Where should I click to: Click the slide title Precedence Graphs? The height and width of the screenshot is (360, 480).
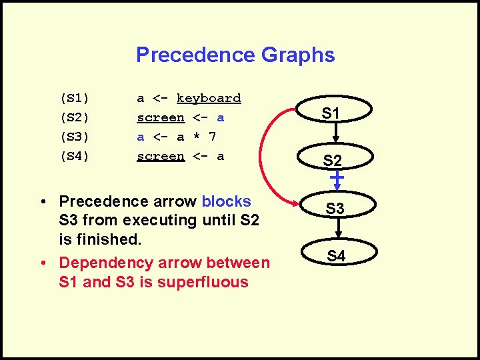coord(235,55)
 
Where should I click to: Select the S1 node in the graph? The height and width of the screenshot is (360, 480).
coord(331,113)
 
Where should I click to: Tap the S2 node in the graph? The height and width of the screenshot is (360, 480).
coord(331,160)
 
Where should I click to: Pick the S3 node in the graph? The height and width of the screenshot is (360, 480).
coord(335,209)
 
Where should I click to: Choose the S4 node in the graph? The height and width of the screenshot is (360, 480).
coord(336,255)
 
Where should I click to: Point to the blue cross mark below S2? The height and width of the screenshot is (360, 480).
coord(337,178)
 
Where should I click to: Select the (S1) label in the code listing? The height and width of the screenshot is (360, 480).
coord(75,98)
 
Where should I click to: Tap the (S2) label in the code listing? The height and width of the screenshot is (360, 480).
coord(75,117)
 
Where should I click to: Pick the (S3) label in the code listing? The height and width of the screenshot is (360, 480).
coord(75,137)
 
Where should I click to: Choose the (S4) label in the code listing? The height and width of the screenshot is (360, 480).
coord(75,156)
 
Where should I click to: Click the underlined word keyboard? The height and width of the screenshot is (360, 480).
coord(209,98)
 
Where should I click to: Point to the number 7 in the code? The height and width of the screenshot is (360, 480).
coord(213,137)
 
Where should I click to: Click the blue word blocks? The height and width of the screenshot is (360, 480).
coord(226,201)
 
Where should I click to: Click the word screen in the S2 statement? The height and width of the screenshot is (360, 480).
coord(160,117)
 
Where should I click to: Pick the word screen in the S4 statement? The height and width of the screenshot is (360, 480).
coord(160,156)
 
